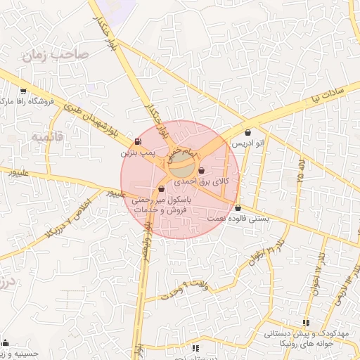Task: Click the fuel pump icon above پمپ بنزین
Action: tap(136, 141)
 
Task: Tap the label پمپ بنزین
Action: tap(135, 152)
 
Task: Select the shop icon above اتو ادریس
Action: tap(247, 133)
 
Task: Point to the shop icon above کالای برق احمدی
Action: tap(202, 171)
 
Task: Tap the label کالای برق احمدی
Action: tap(210, 181)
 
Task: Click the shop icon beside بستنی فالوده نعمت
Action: tap(238, 207)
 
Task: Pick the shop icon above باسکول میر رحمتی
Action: tap(162, 188)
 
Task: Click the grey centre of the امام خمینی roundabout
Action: tap(181, 168)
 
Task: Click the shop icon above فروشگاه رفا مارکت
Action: tap(23, 91)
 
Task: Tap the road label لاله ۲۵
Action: tap(301, 172)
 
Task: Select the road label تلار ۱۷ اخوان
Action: tap(321, 265)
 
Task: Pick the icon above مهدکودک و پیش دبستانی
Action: tap(304, 323)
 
